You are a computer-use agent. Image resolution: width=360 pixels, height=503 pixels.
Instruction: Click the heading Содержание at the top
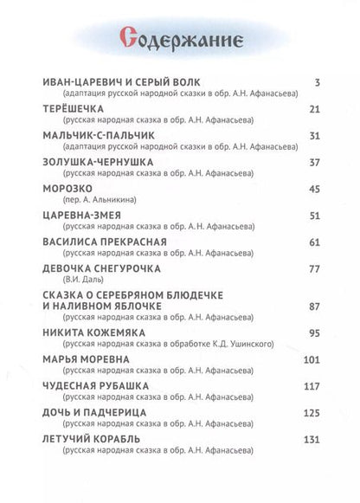[180, 37]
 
